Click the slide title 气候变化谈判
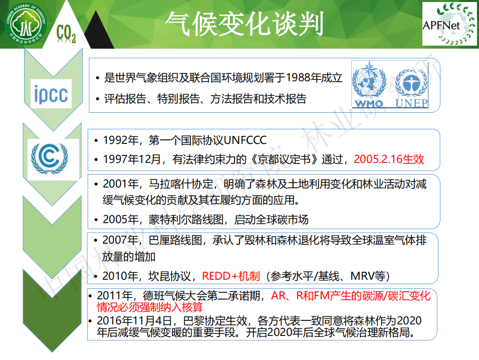(245, 24)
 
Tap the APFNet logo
(449, 24)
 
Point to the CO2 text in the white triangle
(66, 34)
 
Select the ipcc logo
(51, 94)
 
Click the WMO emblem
(369, 85)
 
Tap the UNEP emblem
(411, 89)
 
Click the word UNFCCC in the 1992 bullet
(245, 140)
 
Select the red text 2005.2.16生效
(389, 159)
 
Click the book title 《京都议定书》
(285, 159)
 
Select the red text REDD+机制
(231, 276)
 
